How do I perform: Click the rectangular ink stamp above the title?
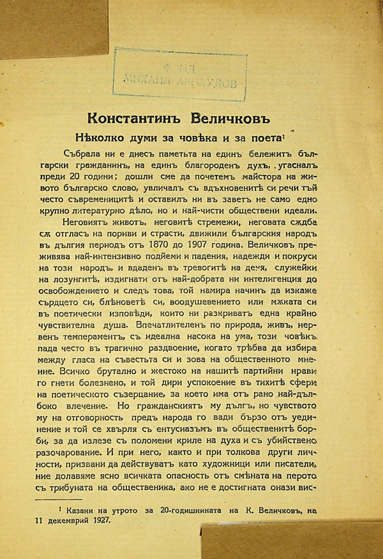(x=179, y=73)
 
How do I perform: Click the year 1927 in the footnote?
(x=99, y=521)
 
